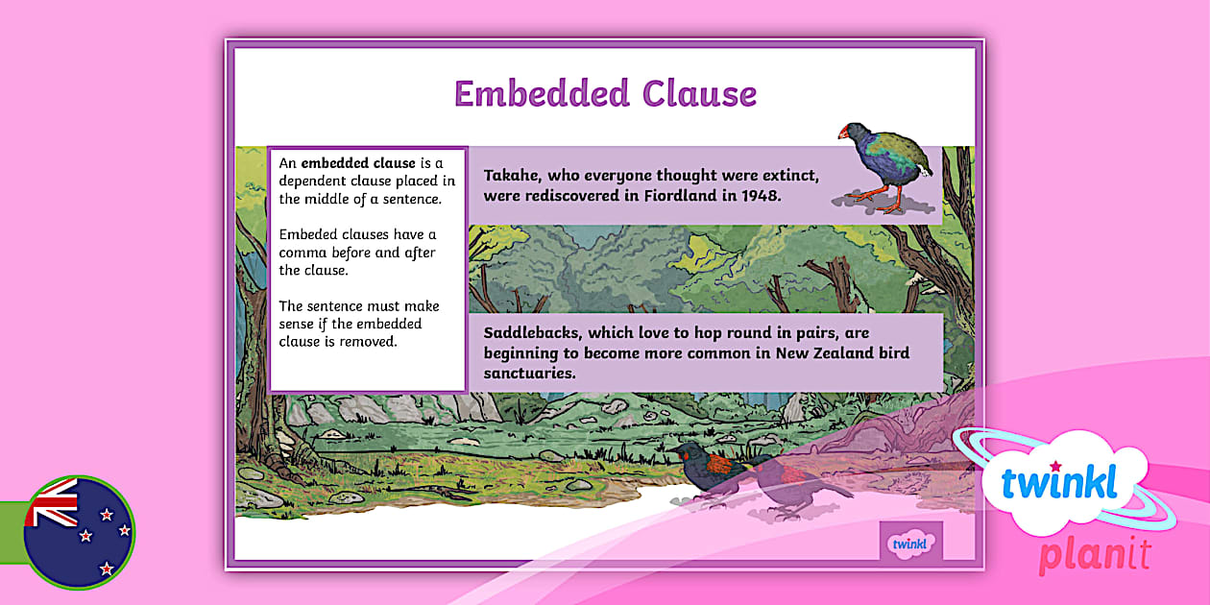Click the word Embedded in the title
click(541, 94)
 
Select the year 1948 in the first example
click(762, 196)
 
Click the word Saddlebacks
click(531, 333)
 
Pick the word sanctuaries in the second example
click(529, 373)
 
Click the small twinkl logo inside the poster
click(910, 544)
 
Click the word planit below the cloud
click(1094, 555)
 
